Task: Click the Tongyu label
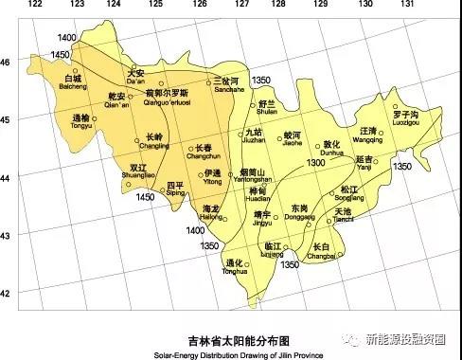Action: pos(81,121)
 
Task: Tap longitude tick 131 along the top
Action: pos(407,5)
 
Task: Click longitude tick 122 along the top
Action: pos(37,5)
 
